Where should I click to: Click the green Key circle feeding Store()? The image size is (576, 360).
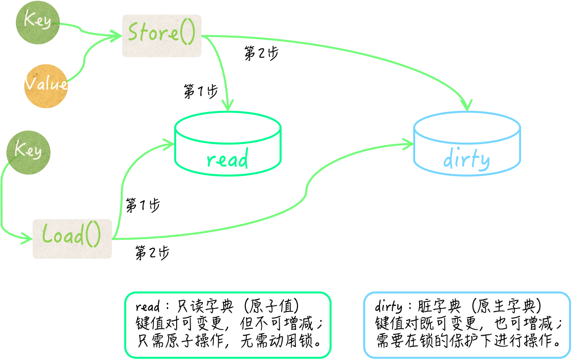[38, 22]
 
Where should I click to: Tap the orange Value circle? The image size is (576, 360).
[46, 86]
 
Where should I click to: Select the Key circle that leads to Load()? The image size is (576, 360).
[28, 153]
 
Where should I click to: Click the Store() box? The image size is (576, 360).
[162, 36]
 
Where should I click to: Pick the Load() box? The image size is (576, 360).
[72, 239]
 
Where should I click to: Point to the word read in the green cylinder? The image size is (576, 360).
[227, 160]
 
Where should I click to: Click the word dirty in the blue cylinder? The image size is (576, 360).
[466, 160]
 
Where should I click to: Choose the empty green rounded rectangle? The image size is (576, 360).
[228, 325]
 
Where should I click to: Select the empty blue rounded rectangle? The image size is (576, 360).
[467, 325]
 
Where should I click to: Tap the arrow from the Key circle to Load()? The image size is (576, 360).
[3, 198]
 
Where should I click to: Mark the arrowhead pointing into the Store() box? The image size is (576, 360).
[117, 36]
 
